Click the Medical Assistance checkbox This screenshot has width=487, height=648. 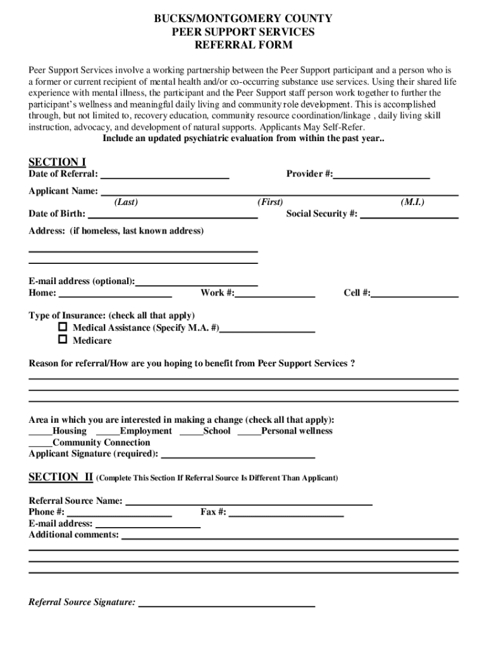(x=63, y=327)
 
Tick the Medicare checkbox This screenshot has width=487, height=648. (x=63, y=340)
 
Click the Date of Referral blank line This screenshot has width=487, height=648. (x=164, y=177)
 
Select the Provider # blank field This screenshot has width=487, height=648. (x=381, y=177)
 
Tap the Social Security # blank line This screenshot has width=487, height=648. (x=409, y=217)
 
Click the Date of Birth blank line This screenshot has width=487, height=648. (x=173, y=217)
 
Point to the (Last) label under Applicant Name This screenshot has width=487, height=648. (x=126, y=202)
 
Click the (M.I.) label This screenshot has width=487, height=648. (x=412, y=202)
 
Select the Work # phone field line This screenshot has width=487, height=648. (x=275, y=296)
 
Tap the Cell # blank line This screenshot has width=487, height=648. (x=415, y=296)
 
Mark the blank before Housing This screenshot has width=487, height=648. (x=40, y=434)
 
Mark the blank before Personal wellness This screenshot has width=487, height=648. (x=249, y=434)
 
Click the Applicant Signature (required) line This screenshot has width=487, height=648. (x=239, y=456)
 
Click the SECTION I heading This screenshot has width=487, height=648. (x=58, y=162)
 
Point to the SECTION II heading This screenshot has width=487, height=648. (x=61, y=477)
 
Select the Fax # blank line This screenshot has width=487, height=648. (x=286, y=515)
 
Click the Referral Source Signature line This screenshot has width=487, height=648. (x=226, y=605)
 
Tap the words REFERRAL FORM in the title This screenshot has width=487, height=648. (x=244, y=46)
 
